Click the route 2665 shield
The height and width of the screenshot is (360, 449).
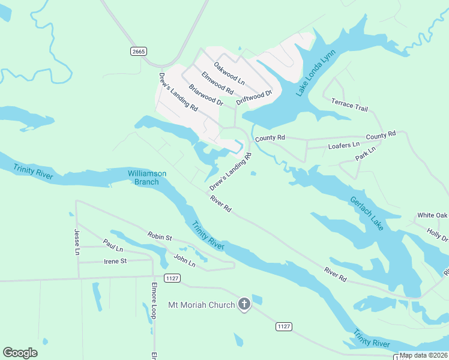tap(138, 52)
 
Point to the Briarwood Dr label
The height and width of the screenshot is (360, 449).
tap(206, 95)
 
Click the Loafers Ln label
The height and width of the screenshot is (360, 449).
tap(344, 145)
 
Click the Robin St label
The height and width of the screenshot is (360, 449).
tap(160, 237)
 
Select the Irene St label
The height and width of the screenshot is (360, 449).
tap(115, 261)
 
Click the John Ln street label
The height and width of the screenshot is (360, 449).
tap(184, 261)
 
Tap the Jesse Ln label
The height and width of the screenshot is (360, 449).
tap(77, 242)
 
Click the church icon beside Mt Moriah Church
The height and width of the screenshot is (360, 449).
tap(244, 305)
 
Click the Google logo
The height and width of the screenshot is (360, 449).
tap(20, 352)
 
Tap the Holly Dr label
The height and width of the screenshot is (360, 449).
tap(436, 234)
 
